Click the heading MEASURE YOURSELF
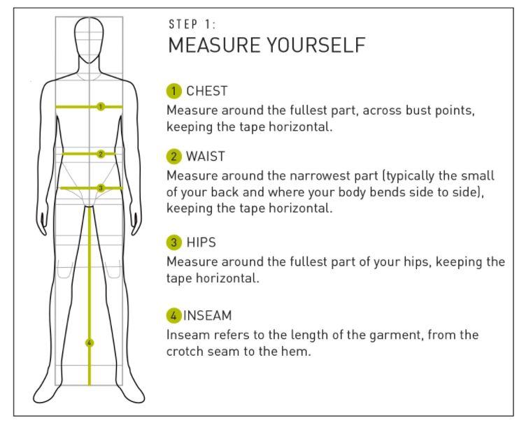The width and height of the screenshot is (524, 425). [x=267, y=45]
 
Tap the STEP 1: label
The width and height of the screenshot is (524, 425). [x=192, y=24]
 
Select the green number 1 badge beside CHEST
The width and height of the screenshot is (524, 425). [x=174, y=91]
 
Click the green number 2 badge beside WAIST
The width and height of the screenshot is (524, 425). [x=174, y=157]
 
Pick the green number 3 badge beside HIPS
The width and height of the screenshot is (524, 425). [x=174, y=242]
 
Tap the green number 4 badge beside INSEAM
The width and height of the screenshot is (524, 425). [x=174, y=315]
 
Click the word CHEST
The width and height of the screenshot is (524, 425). [x=207, y=91]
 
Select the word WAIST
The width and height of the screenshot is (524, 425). [x=206, y=157]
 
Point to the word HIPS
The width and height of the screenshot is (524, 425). [x=201, y=242]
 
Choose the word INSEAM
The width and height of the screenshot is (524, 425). [x=208, y=315]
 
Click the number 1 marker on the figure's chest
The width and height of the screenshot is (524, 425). [x=101, y=106]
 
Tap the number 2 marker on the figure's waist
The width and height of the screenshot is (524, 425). [x=101, y=154]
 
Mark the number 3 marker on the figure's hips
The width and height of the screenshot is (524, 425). [x=101, y=188]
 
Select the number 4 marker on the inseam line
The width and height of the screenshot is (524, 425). [x=90, y=343]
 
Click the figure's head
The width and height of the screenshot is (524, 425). [x=89, y=40]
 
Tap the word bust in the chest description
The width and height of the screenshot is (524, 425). [x=418, y=110]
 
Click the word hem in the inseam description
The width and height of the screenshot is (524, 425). [x=299, y=352]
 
